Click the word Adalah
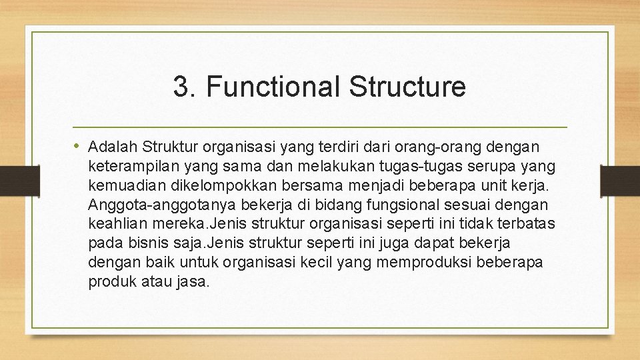point(112,146)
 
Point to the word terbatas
point(526,223)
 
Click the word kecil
point(315,262)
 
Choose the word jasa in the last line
point(194,281)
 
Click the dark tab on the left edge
point(11,179)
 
